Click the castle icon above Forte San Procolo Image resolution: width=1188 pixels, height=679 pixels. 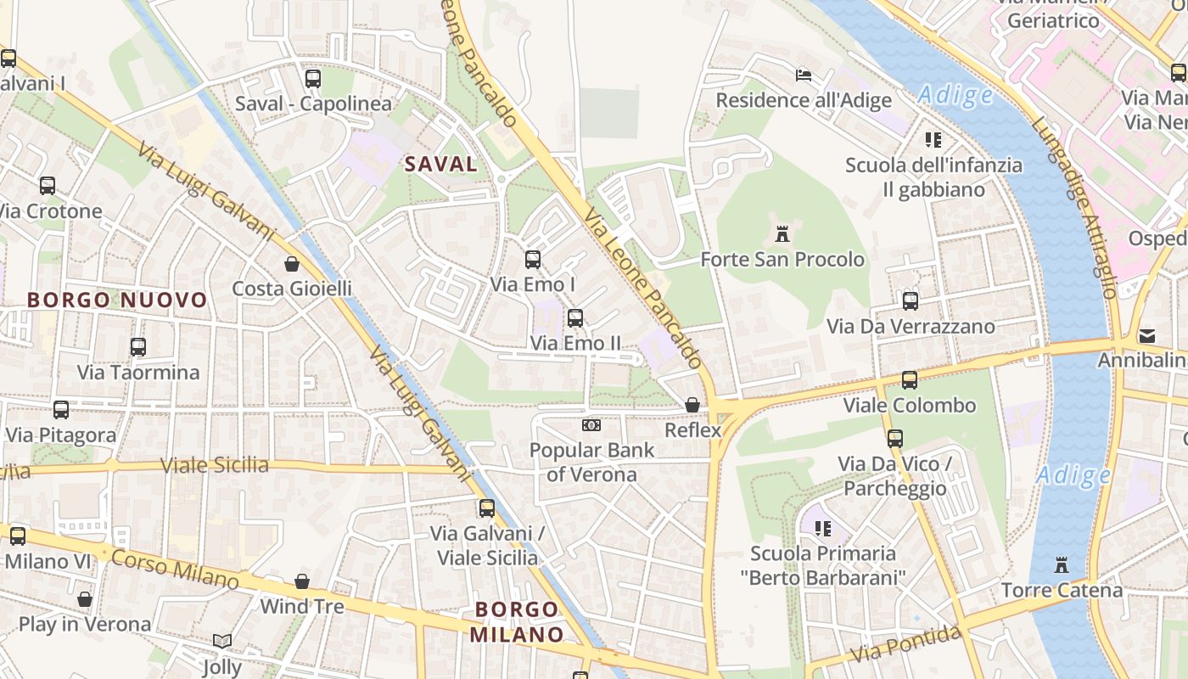(782, 233)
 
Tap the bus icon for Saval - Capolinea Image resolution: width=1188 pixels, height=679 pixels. (313, 78)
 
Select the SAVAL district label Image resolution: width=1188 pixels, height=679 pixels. (441, 164)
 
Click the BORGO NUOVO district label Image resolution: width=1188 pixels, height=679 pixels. (117, 300)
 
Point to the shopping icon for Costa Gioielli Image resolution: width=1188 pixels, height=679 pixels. (292, 263)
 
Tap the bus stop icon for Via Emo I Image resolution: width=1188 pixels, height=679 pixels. (533, 259)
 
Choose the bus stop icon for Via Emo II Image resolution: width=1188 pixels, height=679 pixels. (575, 318)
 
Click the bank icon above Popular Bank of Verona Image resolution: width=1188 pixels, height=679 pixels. (591, 424)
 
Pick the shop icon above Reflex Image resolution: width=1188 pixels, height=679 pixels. (692, 405)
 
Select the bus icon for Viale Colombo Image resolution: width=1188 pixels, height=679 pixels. (910, 379)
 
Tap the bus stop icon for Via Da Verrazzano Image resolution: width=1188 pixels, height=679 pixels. (911, 300)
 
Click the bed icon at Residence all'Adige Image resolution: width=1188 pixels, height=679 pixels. (804, 75)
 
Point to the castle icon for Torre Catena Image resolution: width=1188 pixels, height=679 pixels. (1061, 564)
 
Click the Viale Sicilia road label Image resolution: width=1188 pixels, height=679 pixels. (215, 465)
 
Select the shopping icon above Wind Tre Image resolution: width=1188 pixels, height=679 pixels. (302, 581)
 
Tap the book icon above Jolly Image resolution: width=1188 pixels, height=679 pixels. (222, 641)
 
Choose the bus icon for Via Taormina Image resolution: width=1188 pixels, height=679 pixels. (138, 346)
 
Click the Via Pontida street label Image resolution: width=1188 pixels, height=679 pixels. (906, 644)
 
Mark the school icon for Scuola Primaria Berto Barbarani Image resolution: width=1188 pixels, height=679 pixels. (822, 529)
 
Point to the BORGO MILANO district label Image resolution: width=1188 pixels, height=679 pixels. (517, 621)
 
